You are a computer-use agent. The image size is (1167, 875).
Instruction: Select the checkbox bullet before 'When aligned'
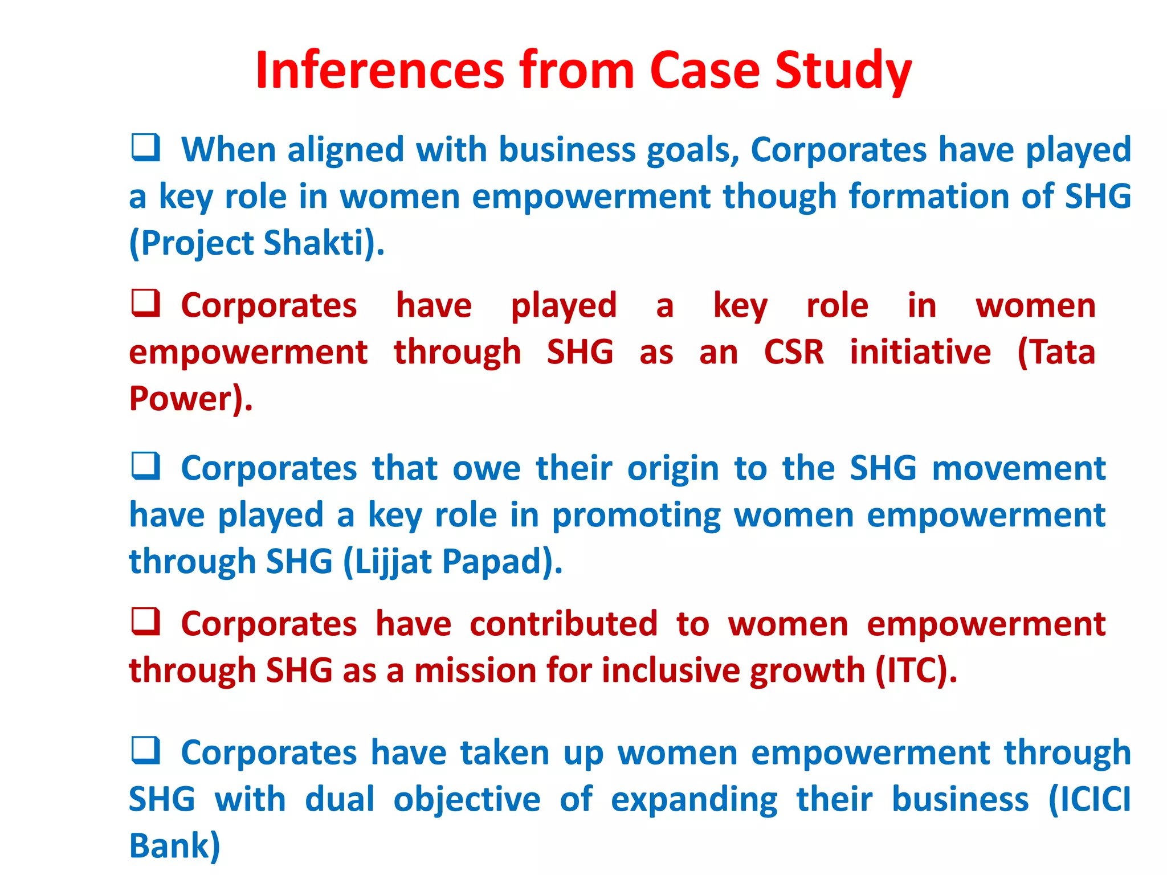pos(145,147)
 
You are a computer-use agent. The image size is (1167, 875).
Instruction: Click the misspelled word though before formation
pos(780,197)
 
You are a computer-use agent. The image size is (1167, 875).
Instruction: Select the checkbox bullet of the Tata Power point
pos(145,302)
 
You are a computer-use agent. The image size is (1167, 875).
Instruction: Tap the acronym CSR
pos(794,352)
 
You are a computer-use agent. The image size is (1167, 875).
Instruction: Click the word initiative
pos(920,352)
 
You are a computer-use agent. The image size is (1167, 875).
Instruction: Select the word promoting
pos(636,516)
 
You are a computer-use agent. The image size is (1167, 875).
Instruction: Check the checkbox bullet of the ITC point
pos(145,621)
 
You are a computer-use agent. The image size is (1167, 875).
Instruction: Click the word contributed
pos(564,624)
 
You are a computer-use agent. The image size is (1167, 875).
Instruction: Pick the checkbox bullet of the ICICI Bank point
pos(145,750)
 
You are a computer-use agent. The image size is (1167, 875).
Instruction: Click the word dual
pos(340,799)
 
